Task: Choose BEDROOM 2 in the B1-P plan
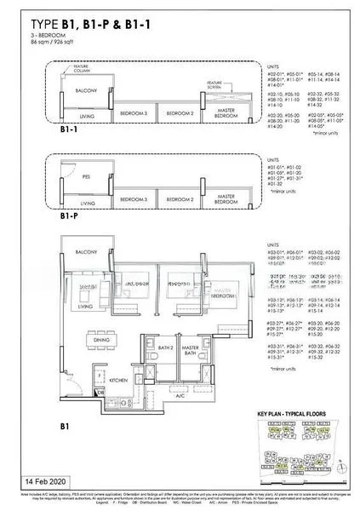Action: pos(181,199)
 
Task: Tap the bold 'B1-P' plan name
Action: pos(70,217)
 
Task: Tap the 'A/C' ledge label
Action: pos(180,396)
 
